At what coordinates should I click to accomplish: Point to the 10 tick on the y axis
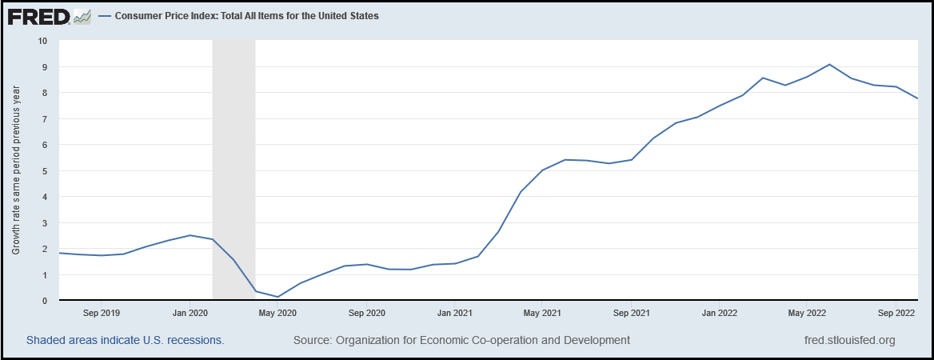[x=42, y=41]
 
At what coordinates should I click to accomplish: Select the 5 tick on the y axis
[x=45, y=171]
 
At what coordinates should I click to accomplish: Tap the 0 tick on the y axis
[x=45, y=301]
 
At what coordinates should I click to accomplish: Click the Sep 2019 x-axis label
[x=101, y=313]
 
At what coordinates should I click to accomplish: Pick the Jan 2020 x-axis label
[x=190, y=313]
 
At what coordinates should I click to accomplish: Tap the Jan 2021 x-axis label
[x=454, y=313]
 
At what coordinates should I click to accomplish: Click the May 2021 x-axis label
[x=541, y=313]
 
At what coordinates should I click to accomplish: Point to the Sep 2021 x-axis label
[x=632, y=313]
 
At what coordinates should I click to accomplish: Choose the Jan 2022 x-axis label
[x=718, y=313]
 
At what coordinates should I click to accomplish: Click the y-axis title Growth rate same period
[x=16, y=171]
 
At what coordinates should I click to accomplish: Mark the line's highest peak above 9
[x=829, y=64]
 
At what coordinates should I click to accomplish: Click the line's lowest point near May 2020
[x=277, y=297]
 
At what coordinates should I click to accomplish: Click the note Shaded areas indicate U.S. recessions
[x=125, y=340]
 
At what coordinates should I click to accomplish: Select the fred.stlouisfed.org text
[x=849, y=340]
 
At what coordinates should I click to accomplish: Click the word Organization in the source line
[x=373, y=340]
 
